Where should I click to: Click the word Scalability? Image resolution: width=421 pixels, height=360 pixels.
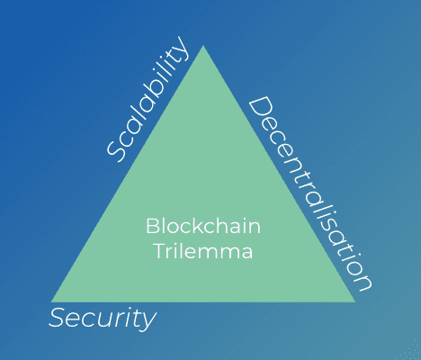[x=148, y=99]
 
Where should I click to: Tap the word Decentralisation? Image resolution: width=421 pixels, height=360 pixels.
[x=310, y=193]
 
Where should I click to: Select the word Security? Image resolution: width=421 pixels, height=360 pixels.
[x=103, y=319]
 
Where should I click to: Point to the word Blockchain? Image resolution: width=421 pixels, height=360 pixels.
[x=203, y=226]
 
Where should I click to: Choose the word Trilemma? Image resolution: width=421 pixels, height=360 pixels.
[x=204, y=251]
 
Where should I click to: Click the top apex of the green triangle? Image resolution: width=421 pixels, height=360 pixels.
[x=203, y=46]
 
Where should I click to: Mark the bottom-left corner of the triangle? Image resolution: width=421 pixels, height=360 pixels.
[x=51, y=301]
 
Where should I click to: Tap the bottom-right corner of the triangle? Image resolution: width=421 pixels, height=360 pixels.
[x=355, y=301]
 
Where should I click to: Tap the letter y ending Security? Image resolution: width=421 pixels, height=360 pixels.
[x=148, y=321]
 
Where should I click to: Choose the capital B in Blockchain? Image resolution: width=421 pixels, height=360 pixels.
[x=153, y=226]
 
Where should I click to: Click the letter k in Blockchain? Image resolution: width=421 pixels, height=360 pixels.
[x=200, y=226]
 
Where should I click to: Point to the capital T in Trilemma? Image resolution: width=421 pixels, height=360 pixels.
[x=160, y=250]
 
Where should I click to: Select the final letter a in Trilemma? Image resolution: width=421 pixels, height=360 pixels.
[x=247, y=253]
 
